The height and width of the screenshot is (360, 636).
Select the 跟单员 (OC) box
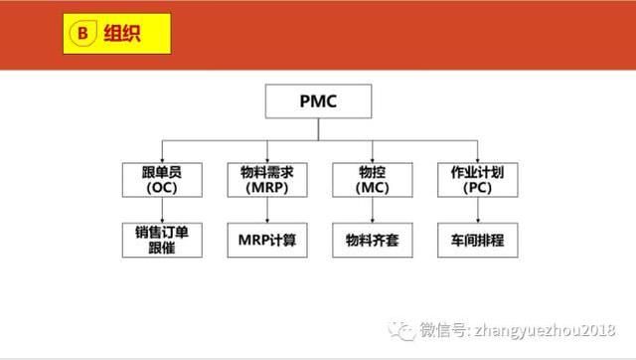[x=161, y=178]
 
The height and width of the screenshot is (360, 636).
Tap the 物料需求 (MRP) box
[x=267, y=178]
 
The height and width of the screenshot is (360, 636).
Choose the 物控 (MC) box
[x=372, y=178]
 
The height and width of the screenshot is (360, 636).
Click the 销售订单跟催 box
[x=161, y=240]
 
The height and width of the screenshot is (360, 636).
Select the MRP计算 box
[x=267, y=240]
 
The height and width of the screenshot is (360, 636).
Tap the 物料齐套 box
[x=372, y=240]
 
